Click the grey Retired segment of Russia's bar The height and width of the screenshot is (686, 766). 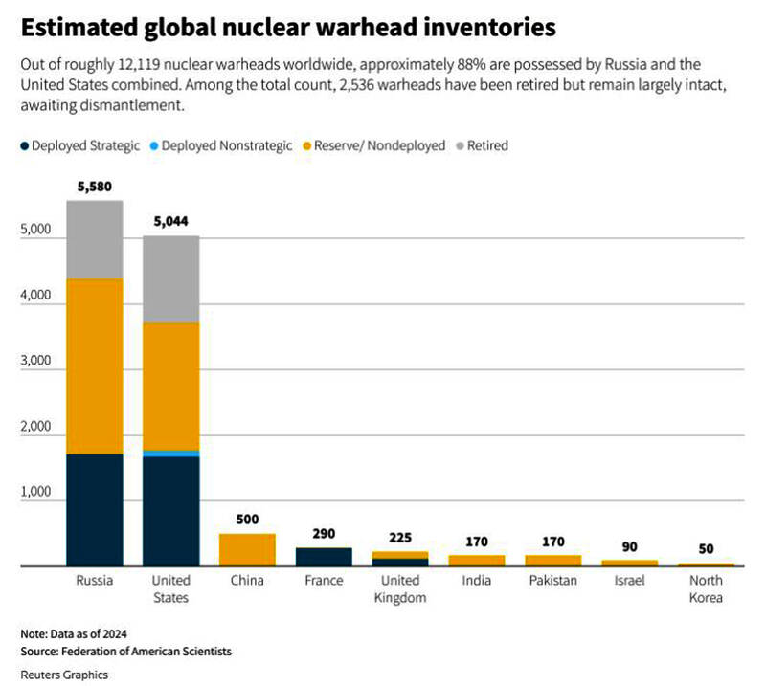coord(95,239)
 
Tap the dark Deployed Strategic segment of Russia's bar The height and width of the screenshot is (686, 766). coord(95,509)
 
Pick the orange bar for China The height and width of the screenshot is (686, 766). coord(247,549)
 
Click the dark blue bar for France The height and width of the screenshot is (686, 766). coord(323,556)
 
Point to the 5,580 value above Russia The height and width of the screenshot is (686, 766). coord(95,187)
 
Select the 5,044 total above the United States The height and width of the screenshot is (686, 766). coord(171,222)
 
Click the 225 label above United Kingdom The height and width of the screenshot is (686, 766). coord(399,537)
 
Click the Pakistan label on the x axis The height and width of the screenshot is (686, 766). coord(552,581)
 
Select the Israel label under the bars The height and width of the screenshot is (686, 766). coord(629,581)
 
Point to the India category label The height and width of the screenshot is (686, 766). coord(476,581)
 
